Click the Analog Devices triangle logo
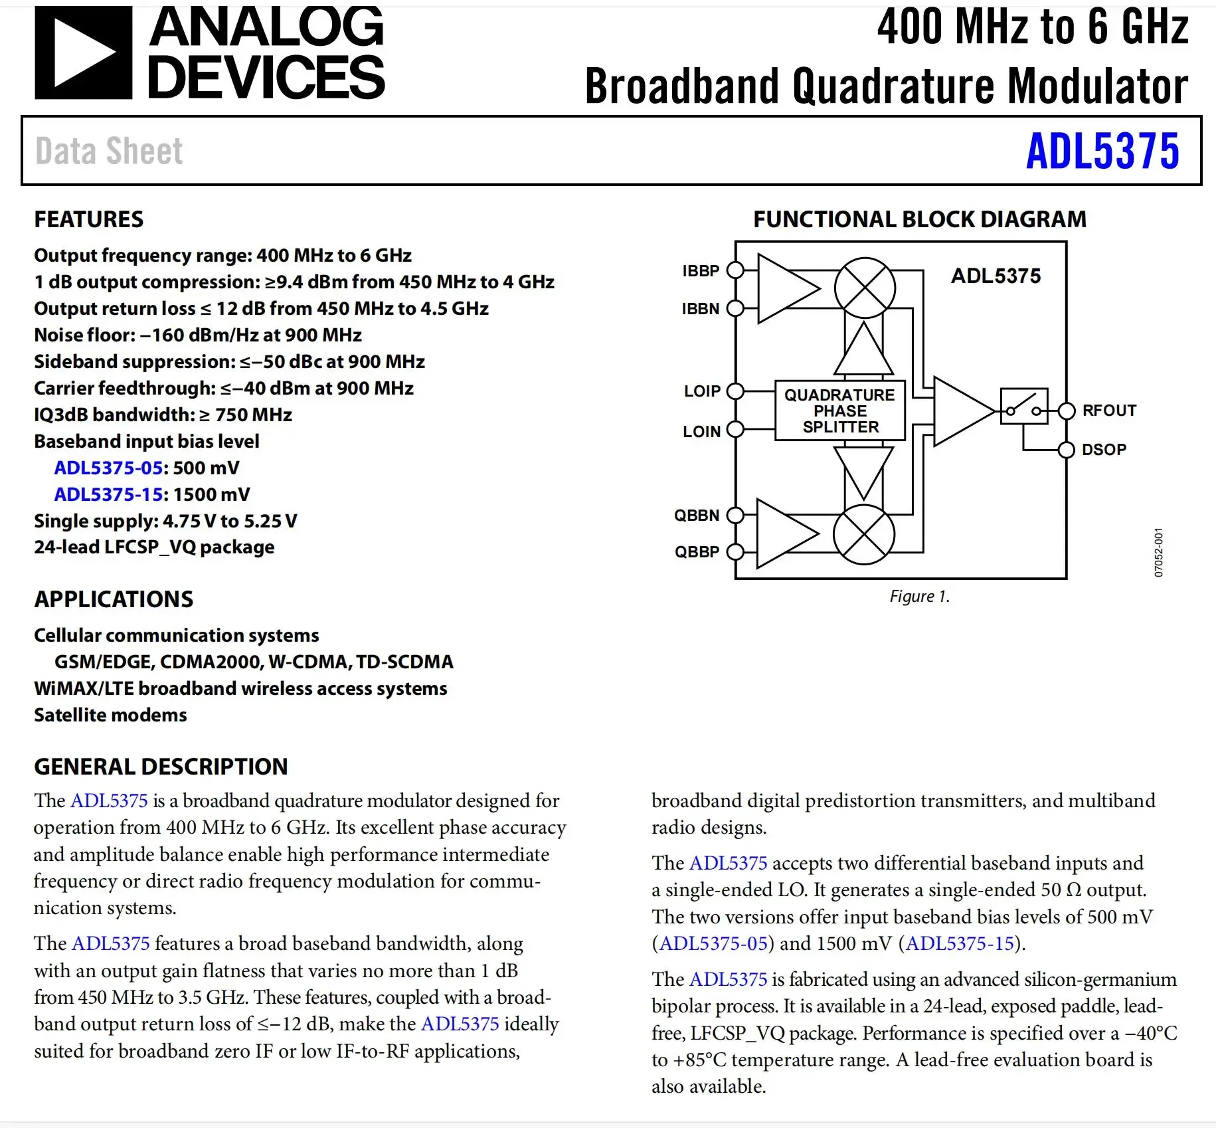click(x=83, y=53)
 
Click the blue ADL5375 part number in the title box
click(x=1102, y=151)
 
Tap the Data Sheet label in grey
click(x=109, y=151)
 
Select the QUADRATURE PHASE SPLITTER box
click(x=840, y=411)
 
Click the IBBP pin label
click(x=701, y=271)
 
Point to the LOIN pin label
click(x=701, y=432)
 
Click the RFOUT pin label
click(x=1109, y=411)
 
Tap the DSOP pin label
click(x=1104, y=450)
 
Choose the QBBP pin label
click(x=697, y=552)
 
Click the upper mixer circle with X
click(x=865, y=288)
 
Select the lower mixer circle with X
click(x=863, y=535)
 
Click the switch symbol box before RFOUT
click(x=1023, y=407)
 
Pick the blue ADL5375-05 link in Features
click(x=108, y=468)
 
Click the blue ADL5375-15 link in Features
click(x=108, y=494)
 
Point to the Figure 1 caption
click(x=919, y=597)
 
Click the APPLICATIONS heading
click(x=114, y=599)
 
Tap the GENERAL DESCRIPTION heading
click(x=161, y=767)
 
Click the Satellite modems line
click(x=110, y=715)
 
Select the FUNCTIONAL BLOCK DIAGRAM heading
click(x=919, y=219)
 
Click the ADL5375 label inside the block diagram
click(x=996, y=276)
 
